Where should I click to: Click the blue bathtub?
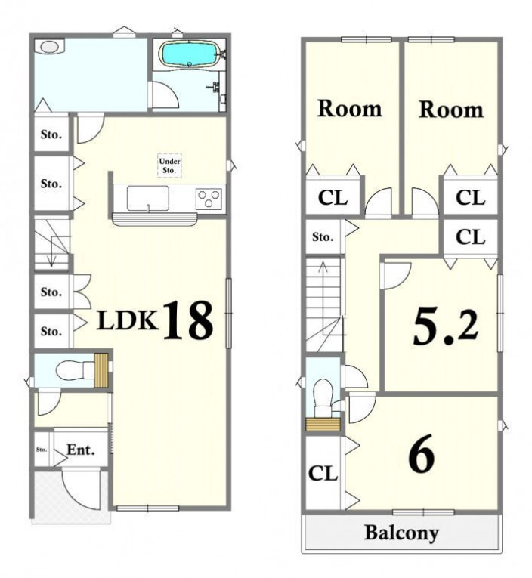pyautogui.click(x=189, y=54)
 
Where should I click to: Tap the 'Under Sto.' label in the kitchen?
pyautogui.click(x=169, y=166)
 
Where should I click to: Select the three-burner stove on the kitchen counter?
pyautogui.click(x=209, y=199)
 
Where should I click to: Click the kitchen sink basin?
pyautogui.click(x=148, y=198)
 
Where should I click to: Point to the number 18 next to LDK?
pyautogui.click(x=188, y=320)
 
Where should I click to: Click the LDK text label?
pyautogui.click(x=128, y=320)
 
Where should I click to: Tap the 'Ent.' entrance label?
pyautogui.click(x=81, y=450)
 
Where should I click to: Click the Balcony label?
pyautogui.click(x=401, y=533)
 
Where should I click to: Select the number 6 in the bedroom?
pyautogui.click(x=422, y=454)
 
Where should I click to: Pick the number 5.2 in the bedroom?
pyautogui.click(x=445, y=326)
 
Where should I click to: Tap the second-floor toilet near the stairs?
pyautogui.click(x=323, y=398)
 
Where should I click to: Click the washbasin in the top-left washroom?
pyautogui.click(x=50, y=46)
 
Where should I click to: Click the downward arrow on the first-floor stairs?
pyautogui.click(x=52, y=251)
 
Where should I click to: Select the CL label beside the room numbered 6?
pyautogui.click(x=323, y=473)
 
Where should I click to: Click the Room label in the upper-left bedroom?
pyautogui.click(x=350, y=108)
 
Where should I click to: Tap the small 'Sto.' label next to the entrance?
pyautogui.click(x=42, y=450)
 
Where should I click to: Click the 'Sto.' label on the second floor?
pyautogui.click(x=323, y=236)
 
